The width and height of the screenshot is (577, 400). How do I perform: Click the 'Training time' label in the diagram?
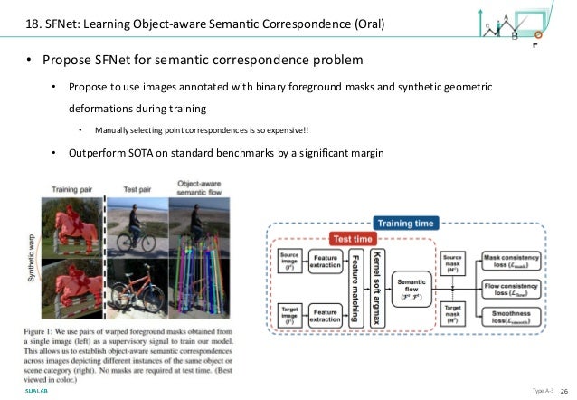[x=407, y=222]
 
